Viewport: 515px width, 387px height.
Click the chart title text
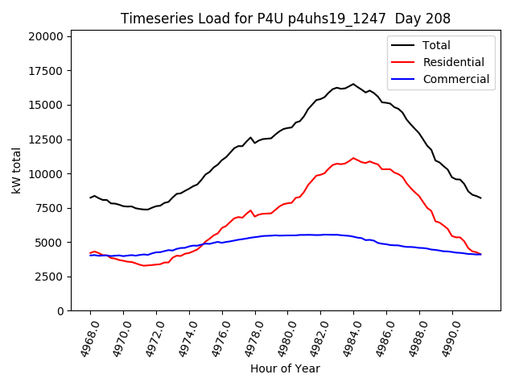(285, 19)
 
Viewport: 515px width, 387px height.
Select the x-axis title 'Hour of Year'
(285, 368)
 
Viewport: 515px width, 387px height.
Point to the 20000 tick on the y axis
(45, 36)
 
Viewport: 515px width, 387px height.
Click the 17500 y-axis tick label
(45, 71)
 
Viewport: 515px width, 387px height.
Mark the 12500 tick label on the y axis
(45, 139)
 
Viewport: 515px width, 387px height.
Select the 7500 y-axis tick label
(48, 208)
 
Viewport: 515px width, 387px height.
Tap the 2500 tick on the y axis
(48, 277)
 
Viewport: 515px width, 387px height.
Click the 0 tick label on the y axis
(60, 311)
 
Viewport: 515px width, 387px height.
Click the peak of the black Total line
(352, 84)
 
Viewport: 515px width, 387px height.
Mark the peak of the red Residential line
(352, 158)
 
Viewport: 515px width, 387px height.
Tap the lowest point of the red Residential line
(145, 266)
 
